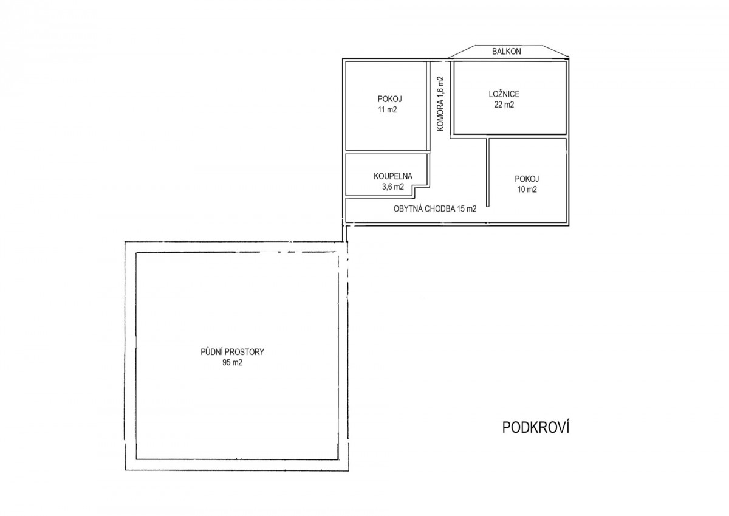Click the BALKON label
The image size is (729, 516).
tap(507, 52)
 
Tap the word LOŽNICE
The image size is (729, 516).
tap(504, 94)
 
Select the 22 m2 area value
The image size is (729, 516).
tap(504, 105)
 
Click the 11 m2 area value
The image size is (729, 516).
tap(388, 109)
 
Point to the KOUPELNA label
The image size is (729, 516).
tap(393, 176)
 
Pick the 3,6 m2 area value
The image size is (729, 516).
tap(393, 187)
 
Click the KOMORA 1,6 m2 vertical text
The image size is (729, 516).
tap(440, 103)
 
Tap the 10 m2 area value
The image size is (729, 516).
tap(527, 189)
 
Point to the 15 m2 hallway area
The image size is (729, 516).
tap(467, 208)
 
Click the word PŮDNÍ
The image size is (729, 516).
tap(211, 351)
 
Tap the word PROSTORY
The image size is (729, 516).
tap(244, 352)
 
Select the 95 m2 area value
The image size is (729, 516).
tap(232, 362)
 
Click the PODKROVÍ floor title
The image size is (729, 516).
tap(536, 427)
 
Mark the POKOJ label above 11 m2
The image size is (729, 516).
tap(389, 99)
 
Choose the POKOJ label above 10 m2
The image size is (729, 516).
tap(527, 179)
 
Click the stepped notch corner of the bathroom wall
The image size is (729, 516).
tap(414, 187)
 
